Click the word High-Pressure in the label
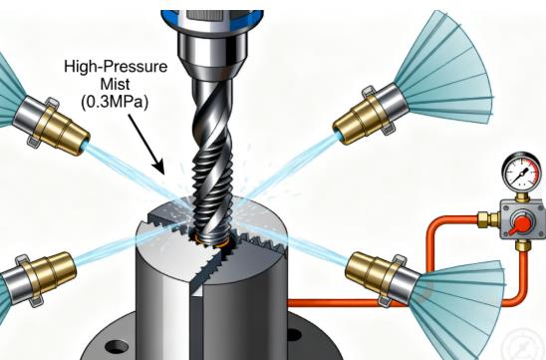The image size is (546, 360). (x=116, y=66)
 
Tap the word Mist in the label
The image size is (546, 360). (x=116, y=84)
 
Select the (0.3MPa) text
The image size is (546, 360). (x=115, y=102)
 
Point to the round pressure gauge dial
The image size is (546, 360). (x=520, y=171)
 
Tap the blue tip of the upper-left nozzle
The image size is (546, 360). (x=84, y=148)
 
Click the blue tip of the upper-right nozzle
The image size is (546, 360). (x=339, y=135)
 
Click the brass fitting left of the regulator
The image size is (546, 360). (x=488, y=218)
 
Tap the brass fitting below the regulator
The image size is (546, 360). (x=523, y=245)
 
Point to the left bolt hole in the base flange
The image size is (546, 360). (x=116, y=346)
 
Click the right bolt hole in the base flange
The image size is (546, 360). (x=294, y=335)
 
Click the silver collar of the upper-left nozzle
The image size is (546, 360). (x=27, y=115)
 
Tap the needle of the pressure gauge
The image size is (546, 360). (x=521, y=173)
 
